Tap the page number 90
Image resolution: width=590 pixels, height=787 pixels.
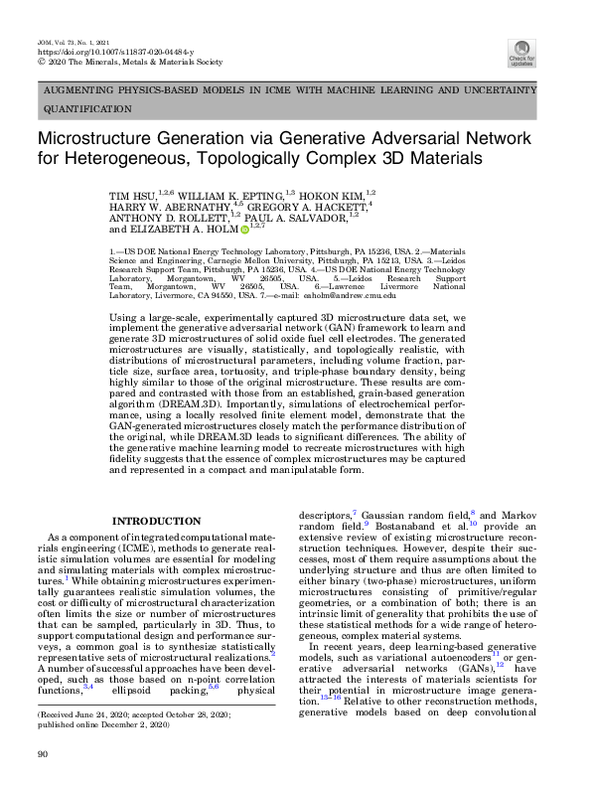(x=42, y=756)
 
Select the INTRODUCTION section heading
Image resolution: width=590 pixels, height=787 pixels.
(x=157, y=521)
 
